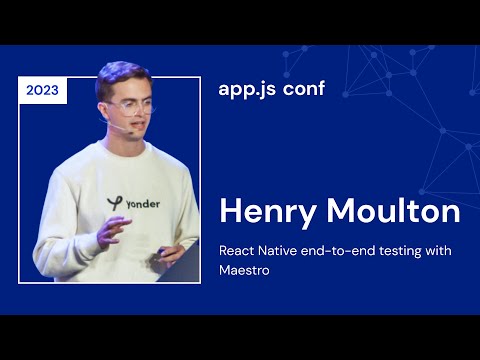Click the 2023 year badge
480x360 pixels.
tap(42, 90)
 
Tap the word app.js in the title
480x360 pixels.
tap(243, 88)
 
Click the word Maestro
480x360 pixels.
tap(246, 270)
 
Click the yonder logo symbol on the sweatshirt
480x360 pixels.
tap(114, 203)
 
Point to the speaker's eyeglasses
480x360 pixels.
tap(133, 106)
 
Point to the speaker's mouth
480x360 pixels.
tap(139, 128)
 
